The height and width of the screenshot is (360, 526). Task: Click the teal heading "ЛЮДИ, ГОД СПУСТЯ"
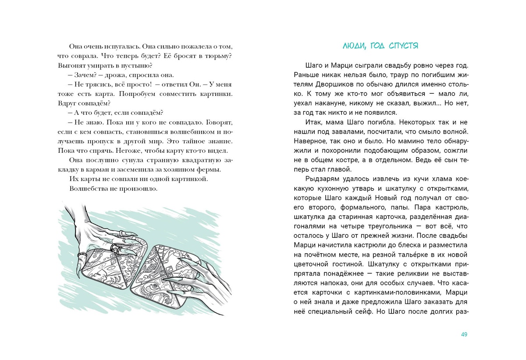point(380,45)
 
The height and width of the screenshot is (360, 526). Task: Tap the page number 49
point(464,335)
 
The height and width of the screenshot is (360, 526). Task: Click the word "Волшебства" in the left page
point(88,189)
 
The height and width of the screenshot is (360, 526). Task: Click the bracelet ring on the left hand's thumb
point(82,254)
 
